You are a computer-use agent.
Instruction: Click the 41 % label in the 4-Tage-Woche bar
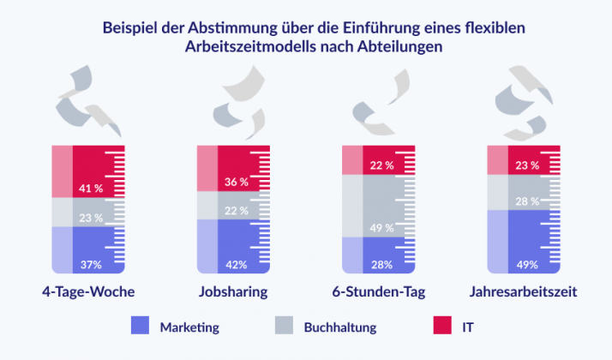click(91, 187)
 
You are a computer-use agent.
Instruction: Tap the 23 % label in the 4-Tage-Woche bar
click(91, 218)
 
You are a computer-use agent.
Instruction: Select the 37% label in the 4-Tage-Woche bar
click(91, 264)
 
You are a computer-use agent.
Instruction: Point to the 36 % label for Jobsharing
click(236, 182)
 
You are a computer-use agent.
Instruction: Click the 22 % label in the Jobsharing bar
click(236, 211)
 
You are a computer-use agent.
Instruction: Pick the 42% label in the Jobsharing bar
click(236, 264)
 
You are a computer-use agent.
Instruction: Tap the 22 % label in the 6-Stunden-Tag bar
click(381, 165)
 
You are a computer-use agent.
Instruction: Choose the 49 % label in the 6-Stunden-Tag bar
click(381, 228)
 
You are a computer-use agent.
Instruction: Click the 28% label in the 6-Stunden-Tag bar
click(381, 264)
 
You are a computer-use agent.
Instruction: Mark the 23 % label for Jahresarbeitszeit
click(527, 165)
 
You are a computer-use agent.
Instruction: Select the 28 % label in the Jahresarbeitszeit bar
click(527, 201)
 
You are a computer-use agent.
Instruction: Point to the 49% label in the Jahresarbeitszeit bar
click(527, 264)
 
